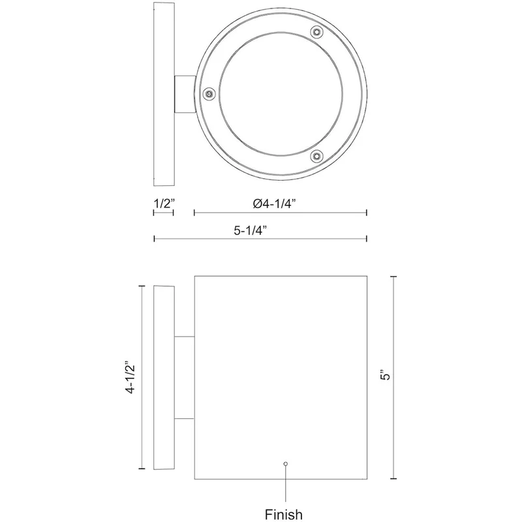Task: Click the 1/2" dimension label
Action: (164, 203)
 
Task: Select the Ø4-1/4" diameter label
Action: (274, 203)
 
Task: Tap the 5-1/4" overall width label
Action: (251, 230)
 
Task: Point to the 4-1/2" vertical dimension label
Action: (130, 377)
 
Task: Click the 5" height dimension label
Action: (386, 375)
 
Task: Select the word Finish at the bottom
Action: (284, 514)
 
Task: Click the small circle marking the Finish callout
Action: (285, 464)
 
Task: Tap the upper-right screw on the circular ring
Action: (316, 32)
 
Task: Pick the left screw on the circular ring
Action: (209, 94)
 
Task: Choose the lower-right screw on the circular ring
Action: (316, 155)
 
